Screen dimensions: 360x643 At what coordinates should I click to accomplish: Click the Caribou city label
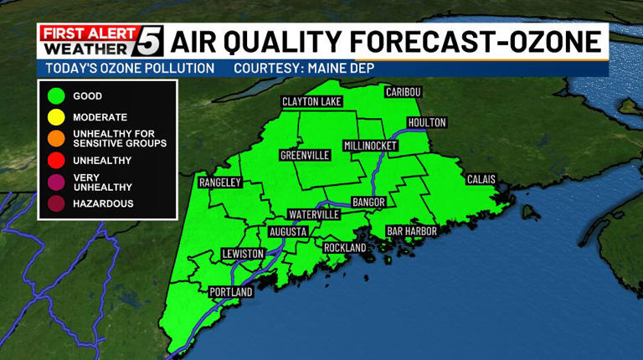403,90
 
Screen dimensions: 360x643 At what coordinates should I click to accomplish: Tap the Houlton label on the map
427,122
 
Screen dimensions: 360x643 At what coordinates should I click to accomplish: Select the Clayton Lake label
312,101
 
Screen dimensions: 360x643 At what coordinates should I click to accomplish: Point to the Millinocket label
371,146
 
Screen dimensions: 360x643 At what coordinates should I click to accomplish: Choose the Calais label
481,179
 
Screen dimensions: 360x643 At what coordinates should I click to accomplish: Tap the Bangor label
368,202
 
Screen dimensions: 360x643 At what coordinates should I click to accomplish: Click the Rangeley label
220,182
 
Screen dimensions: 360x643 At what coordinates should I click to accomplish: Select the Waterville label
313,214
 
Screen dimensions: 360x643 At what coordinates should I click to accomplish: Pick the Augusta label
290,231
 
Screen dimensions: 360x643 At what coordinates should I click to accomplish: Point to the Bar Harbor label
408,230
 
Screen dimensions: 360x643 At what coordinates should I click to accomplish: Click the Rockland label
345,248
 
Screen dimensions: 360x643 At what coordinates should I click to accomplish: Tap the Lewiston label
243,253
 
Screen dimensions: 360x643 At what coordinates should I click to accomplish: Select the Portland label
231,291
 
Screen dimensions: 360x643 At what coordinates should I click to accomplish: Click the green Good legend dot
56,96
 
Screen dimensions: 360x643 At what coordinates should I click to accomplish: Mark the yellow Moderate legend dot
56,118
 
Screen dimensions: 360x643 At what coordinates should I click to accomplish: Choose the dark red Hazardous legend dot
56,203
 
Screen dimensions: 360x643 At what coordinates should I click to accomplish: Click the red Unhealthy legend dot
56,160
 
